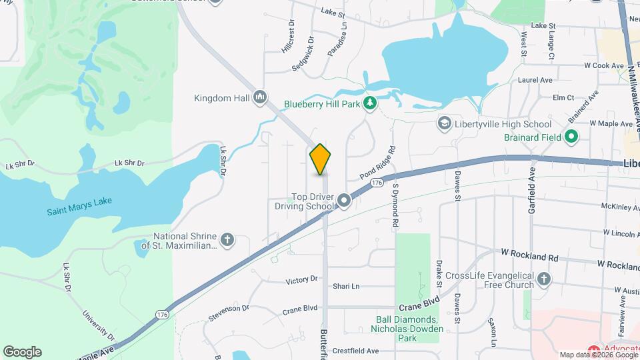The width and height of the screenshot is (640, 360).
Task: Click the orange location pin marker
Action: click(321, 159)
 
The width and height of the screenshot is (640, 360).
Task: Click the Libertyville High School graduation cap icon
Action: click(444, 124)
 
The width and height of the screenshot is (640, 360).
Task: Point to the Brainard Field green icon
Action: click(571, 137)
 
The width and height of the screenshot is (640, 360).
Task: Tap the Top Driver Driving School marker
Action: click(344, 201)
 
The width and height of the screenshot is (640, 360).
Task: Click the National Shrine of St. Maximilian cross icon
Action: click(227, 240)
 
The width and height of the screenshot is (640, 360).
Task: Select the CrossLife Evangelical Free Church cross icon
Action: click(544, 280)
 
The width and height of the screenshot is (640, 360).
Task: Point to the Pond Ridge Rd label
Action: click(378, 163)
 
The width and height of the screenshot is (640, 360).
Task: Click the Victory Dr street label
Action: click(302, 280)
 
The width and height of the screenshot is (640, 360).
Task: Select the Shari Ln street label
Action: click(346, 287)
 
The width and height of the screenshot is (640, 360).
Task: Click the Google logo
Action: click(22, 352)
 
